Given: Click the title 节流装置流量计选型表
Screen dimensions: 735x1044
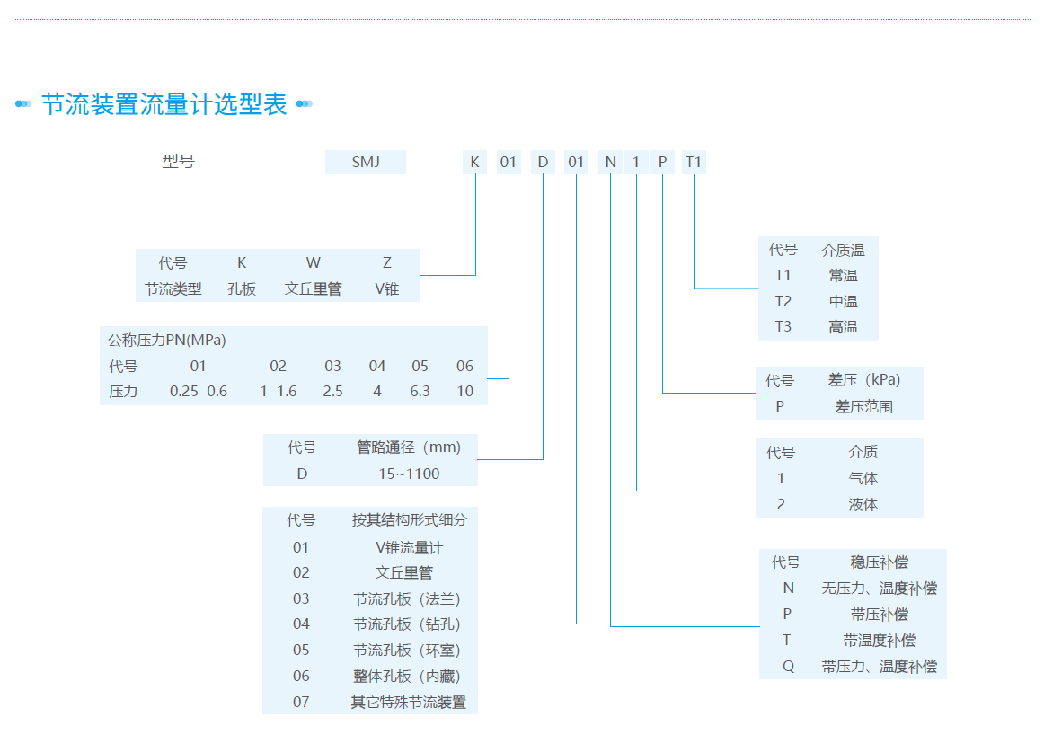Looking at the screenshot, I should point(164,104).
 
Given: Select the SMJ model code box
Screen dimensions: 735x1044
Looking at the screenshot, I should point(366,162).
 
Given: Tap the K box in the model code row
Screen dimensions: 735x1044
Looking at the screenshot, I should point(475,162).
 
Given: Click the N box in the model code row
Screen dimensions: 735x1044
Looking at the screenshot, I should point(611,162).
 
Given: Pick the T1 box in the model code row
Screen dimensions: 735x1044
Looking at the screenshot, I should point(694,162).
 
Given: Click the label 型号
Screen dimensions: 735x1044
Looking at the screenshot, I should point(178,162).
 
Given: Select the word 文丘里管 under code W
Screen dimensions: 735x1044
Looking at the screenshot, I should point(313,289).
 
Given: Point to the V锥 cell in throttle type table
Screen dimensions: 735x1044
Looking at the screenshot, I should point(387,289).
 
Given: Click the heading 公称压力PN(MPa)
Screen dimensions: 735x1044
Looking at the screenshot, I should point(166,340).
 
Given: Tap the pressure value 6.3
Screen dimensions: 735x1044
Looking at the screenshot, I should point(420,392).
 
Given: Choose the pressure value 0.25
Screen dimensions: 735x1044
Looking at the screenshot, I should point(184,392).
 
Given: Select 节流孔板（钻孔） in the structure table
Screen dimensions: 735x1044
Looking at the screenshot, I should point(407,624).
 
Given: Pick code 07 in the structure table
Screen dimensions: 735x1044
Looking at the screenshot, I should point(301,702).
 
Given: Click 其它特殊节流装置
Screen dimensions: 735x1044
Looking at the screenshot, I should point(409,702).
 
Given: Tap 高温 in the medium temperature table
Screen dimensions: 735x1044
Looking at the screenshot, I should point(843,327).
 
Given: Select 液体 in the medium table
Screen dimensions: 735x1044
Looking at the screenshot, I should point(863,505).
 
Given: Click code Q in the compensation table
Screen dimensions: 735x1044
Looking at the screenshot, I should point(788,666).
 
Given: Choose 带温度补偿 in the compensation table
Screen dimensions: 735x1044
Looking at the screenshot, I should point(879,640).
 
